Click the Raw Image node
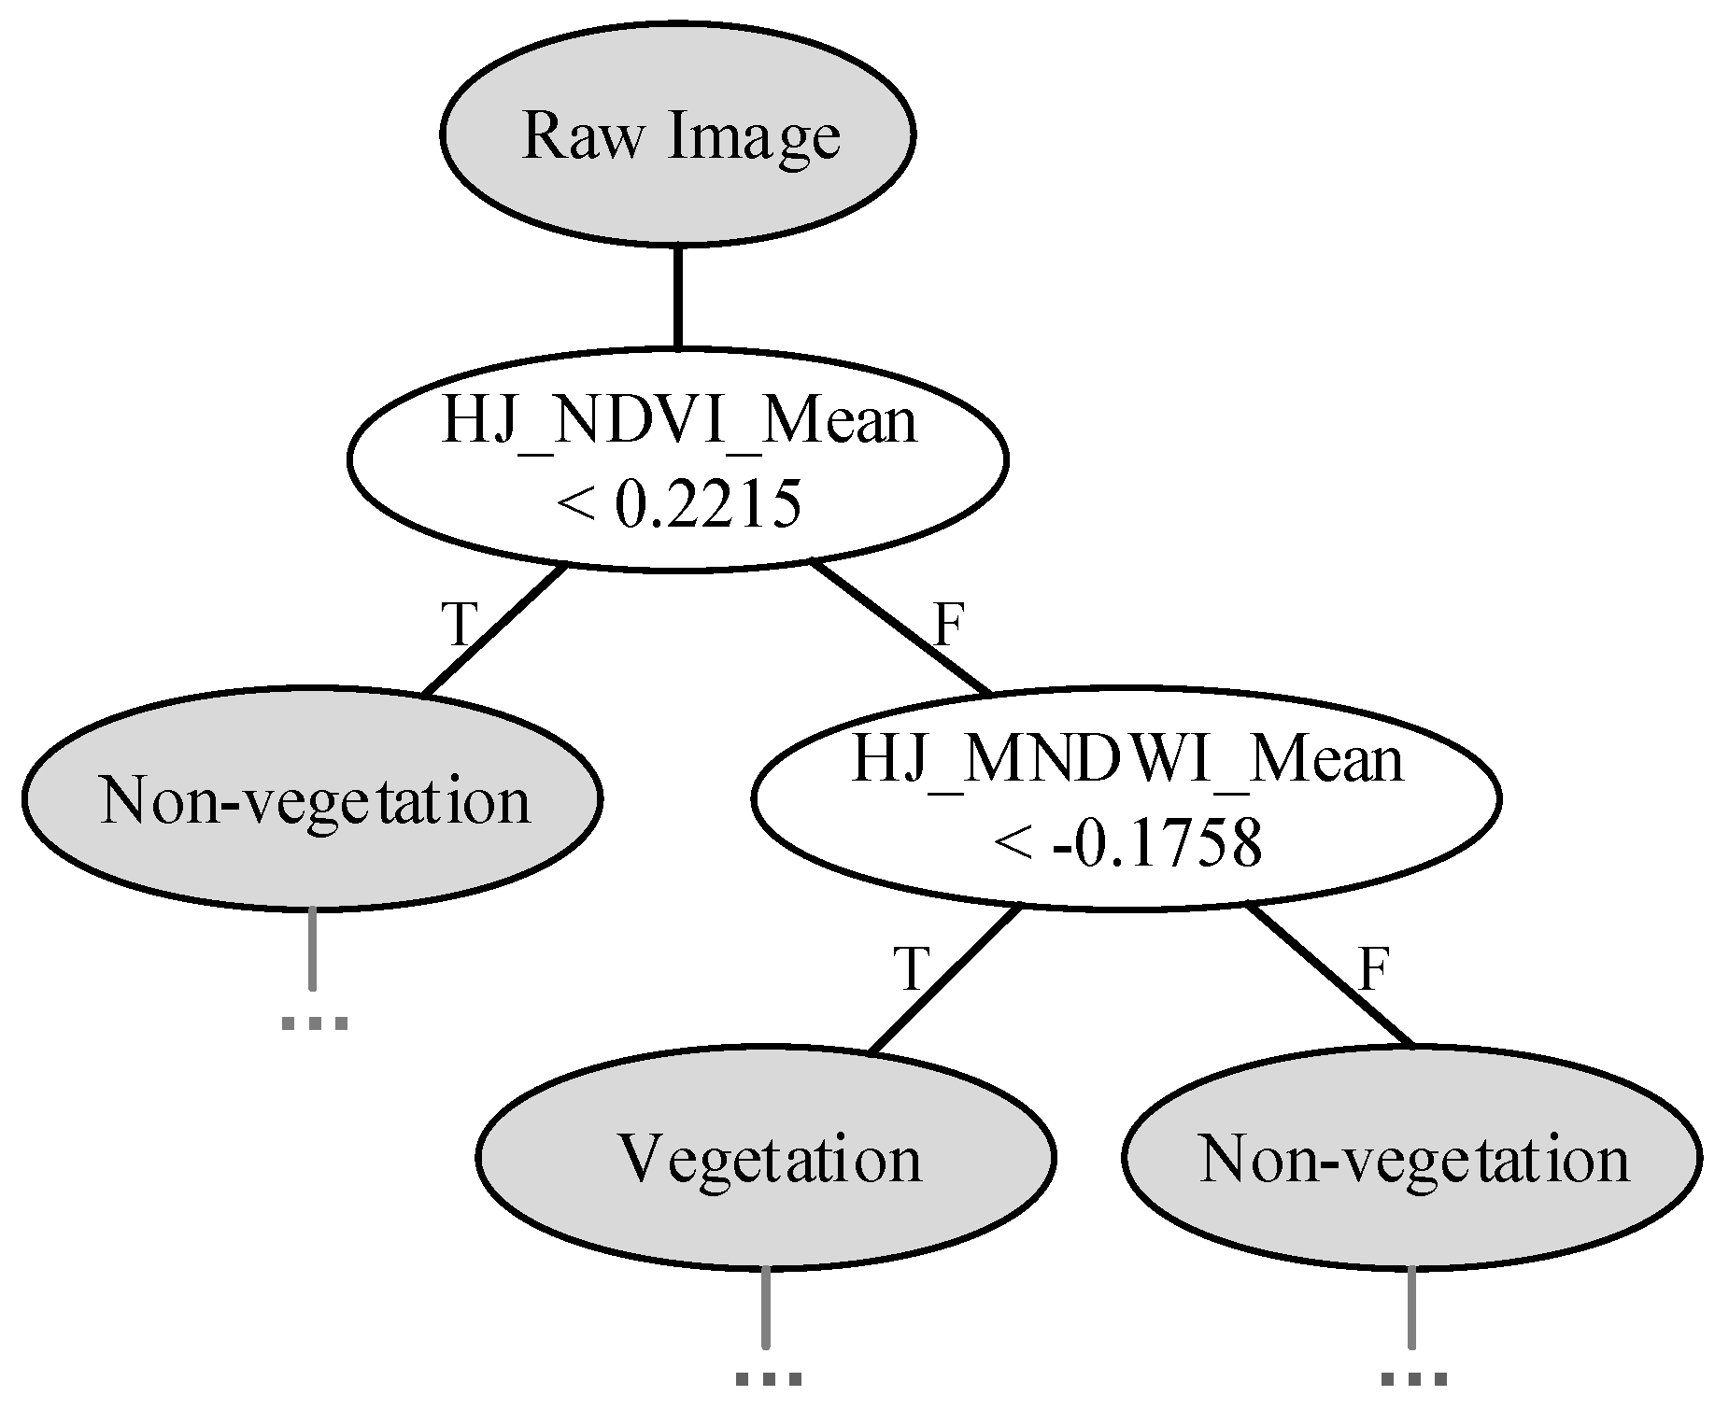pos(677,135)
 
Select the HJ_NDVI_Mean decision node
pos(677,458)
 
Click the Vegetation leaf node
pos(766,1158)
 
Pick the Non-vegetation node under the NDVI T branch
pos(313,798)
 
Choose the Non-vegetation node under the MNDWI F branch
pos(1411,1158)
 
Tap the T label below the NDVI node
pos(458,623)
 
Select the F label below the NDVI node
pos(947,624)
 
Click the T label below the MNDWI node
pos(912,968)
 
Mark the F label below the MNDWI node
pos(1373,968)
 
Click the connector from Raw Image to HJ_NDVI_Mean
pos(677,297)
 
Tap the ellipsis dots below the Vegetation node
pos(768,1378)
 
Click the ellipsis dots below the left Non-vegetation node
pos(314,1023)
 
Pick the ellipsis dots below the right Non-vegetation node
pos(1413,1378)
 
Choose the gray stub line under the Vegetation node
pos(766,1307)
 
